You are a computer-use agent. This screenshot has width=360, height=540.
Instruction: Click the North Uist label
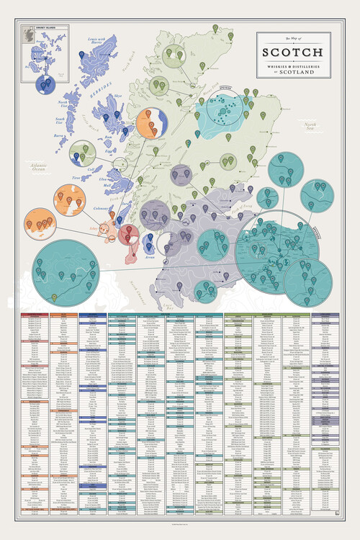pos(64,105)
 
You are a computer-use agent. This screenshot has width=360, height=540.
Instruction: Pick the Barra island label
pos(60,135)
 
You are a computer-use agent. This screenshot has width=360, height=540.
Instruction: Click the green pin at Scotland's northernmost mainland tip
pos(215,29)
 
